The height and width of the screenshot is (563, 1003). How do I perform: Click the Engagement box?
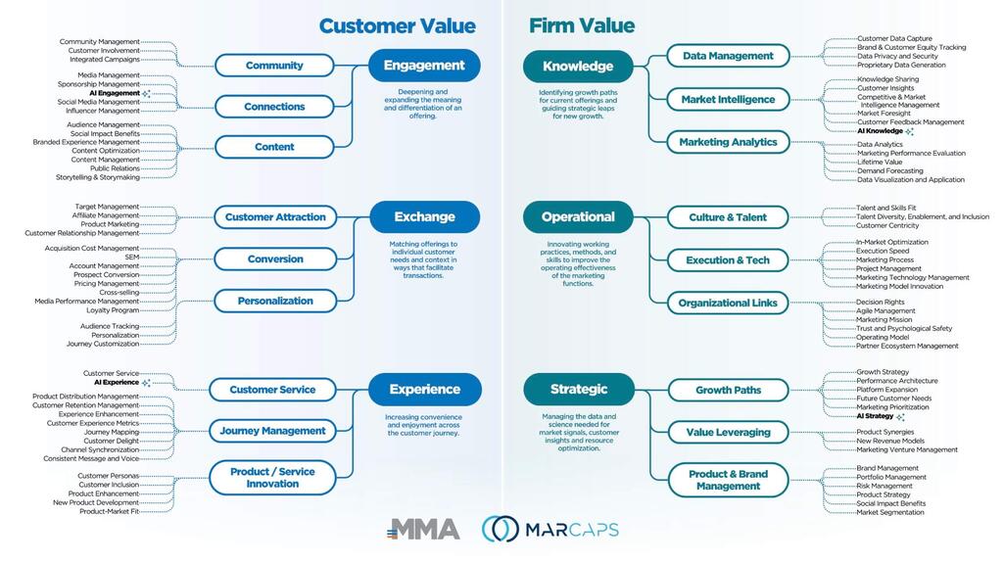tap(424, 66)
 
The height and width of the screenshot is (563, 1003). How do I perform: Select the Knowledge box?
tap(578, 67)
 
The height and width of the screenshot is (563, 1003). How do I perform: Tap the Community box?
tap(274, 66)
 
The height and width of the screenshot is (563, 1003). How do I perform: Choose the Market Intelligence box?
tap(728, 99)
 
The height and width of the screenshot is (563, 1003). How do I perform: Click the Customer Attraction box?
tap(275, 217)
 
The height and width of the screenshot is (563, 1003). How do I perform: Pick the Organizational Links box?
tap(728, 304)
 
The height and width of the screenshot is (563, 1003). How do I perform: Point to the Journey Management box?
tap(272, 431)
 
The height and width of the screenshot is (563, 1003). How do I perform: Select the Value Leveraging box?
tap(728, 432)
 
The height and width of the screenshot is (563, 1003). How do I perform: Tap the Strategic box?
tap(578, 389)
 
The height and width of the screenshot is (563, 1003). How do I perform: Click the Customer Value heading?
tap(397, 26)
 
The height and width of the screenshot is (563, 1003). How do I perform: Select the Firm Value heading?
tap(582, 26)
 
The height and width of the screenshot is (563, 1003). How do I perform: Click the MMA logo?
tap(423, 530)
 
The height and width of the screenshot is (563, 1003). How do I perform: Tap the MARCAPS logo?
tap(549, 530)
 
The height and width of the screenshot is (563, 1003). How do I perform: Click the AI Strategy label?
tap(875, 416)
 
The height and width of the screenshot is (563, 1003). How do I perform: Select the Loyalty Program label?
tap(113, 310)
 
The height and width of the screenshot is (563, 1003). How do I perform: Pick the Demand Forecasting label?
tap(889, 171)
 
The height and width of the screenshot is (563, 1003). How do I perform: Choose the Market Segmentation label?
tap(889, 512)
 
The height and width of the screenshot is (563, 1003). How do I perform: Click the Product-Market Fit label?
tap(109, 511)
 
